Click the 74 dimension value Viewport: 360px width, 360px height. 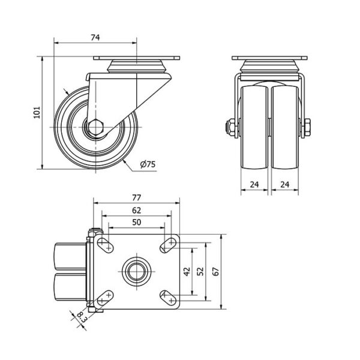click(x=95, y=37)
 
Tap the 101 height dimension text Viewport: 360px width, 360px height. click(x=37, y=112)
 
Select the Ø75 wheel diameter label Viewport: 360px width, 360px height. click(x=148, y=164)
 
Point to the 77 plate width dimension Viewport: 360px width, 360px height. click(x=136, y=197)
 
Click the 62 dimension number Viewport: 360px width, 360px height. click(x=136, y=211)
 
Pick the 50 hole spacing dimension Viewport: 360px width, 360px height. click(x=136, y=222)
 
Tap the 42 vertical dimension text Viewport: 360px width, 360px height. click(x=187, y=271)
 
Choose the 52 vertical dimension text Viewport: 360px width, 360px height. click(x=200, y=271)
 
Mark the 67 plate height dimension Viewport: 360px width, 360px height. click(x=216, y=271)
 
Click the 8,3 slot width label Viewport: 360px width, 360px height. click(x=80, y=317)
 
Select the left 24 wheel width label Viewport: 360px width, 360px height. click(x=254, y=184)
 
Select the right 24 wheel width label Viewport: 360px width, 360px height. click(x=284, y=184)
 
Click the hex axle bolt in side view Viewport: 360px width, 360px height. click(x=96, y=127)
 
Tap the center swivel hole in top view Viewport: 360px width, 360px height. click(x=136, y=271)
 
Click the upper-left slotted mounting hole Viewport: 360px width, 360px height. click(x=106, y=245)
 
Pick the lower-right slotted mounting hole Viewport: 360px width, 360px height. click(x=168, y=298)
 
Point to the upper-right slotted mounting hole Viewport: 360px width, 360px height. click(x=168, y=245)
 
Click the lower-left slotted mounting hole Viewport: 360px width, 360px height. click(x=106, y=298)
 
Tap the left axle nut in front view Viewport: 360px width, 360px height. click(x=230, y=128)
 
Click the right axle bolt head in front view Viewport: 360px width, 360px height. click(x=307, y=128)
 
